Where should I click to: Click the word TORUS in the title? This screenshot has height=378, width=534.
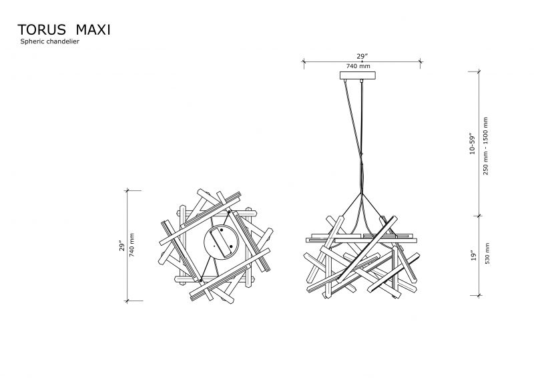click(x=41, y=30)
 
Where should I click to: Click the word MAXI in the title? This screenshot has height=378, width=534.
click(x=93, y=30)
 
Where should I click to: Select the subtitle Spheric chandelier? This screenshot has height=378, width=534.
click(x=49, y=41)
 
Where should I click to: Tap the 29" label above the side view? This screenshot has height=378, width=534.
click(x=362, y=56)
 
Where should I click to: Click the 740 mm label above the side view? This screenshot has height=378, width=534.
click(x=358, y=66)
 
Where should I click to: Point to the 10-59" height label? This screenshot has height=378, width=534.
click(x=473, y=144)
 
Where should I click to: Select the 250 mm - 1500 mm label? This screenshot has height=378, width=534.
click(x=486, y=146)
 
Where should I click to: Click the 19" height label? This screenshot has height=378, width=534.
click(x=473, y=256)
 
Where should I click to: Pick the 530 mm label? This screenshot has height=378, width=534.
click(x=487, y=254)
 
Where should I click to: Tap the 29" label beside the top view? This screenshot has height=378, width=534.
click(x=122, y=246)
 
